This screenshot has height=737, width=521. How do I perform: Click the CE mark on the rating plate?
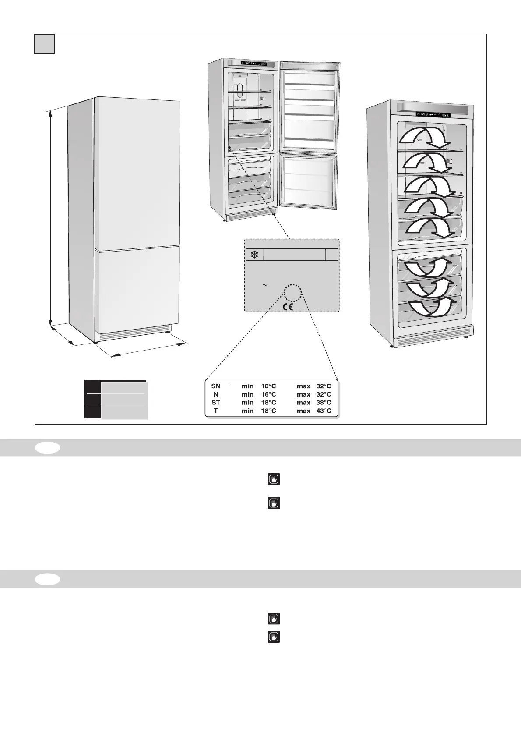point(288,307)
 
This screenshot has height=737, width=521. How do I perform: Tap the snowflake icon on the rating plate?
point(253,255)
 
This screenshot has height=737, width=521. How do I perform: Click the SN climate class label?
point(216,386)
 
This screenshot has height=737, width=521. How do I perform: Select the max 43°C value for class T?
point(314,411)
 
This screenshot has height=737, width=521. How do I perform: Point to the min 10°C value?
point(259,386)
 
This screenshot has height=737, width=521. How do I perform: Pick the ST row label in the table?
point(216,403)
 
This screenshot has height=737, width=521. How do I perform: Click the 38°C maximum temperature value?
point(324,403)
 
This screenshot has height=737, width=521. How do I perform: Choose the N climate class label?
point(216,394)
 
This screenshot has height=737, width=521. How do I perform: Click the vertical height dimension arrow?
point(51,217)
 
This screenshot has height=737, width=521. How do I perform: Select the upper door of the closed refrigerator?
point(137,173)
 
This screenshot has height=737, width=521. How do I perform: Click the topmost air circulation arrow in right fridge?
point(424,135)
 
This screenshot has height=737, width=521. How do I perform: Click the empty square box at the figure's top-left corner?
point(45,44)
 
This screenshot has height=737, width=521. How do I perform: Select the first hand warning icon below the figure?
point(274,479)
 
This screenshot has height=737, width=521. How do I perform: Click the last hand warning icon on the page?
point(274,637)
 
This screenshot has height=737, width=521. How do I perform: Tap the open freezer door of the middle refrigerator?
point(308,181)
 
